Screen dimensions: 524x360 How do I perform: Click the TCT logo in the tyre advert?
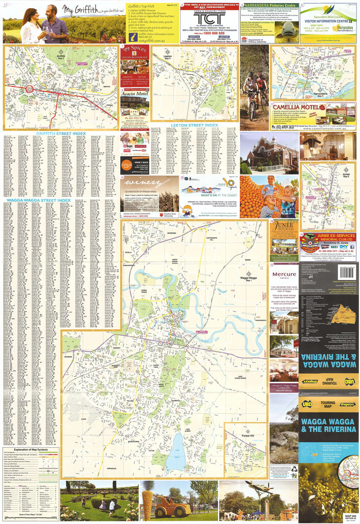[x=208, y=19]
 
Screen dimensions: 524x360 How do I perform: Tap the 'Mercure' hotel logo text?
[x=284, y=274]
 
